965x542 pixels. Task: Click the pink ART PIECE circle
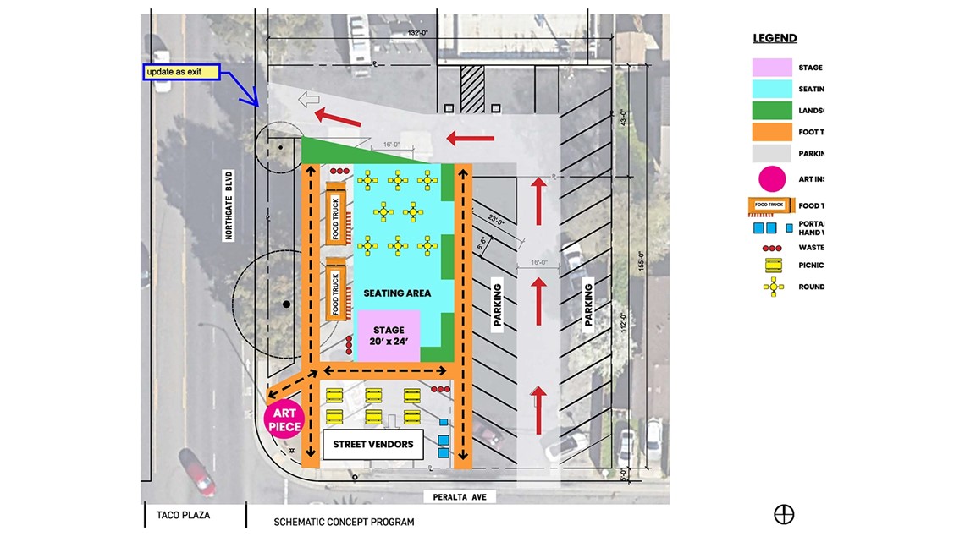click(x=285, y=419)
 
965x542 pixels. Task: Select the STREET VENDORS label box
click(x=372, y=444)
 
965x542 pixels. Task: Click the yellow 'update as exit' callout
click(x=180, y=72)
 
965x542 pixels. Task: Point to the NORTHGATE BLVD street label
click(x=229, y=206)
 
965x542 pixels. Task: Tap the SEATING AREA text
click(x=397, y=293)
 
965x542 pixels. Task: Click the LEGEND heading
click(x=775, y=38)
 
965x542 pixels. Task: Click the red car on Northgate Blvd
click(x=196, y=472)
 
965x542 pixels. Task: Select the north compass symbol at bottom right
click(x=784, y=514)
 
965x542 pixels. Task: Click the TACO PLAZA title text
click(x=183, y=514)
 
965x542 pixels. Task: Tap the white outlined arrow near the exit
click(x=309, y=101)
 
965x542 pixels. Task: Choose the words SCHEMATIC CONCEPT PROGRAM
click(x=345, y=522)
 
